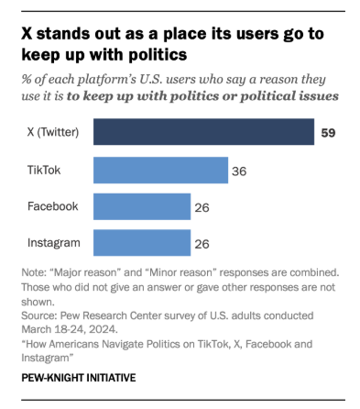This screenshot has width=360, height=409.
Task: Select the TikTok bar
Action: tap(160, 171)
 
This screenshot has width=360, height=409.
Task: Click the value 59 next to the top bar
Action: tap(328, 134)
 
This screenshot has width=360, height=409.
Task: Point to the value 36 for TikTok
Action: tap(240, 171)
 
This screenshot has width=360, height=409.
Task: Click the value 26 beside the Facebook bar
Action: tap(202, 208)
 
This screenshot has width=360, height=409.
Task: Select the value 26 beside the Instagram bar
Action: tap(202, 245)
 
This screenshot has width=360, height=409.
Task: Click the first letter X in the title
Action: tap(26, 33)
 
